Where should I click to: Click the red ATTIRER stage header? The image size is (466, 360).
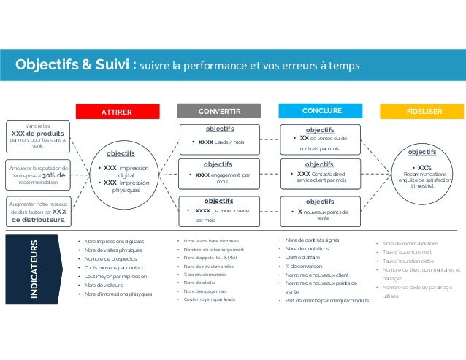117,112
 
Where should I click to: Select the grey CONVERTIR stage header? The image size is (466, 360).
220,112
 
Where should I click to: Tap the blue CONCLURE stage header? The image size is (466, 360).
322,111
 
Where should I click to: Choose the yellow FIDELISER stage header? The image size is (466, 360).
424,112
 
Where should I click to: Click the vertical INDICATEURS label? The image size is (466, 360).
34,268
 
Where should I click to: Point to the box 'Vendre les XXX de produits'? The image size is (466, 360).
37,135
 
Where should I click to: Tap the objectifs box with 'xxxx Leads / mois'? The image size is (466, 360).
219,137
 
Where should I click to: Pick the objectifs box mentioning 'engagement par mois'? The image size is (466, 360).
219,173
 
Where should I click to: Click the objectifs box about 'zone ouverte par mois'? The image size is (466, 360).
219,210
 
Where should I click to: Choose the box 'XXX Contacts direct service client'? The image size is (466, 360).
320,174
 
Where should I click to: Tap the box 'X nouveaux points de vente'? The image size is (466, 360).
320,210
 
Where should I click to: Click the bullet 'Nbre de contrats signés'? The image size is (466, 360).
312,240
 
